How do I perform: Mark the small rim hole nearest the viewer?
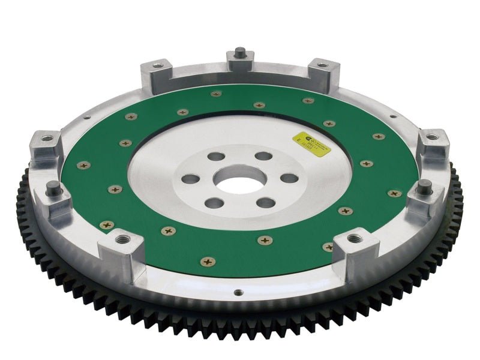(x=238, y=293)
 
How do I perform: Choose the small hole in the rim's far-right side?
(x=392, y=116)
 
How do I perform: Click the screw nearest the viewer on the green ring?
(x=208, y=261)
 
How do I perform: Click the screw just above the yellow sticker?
(x=328, y=124)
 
